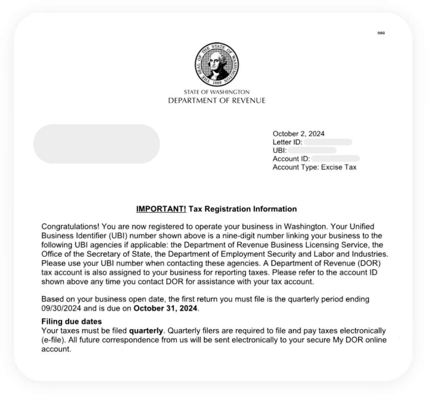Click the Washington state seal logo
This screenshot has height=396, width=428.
pyautogui.click(x=216, y=65)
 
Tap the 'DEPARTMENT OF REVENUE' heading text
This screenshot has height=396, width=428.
pyautogui.click(x=216, y=101)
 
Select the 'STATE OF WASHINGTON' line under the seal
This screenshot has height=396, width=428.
pyautogui.click(x=216, y=92)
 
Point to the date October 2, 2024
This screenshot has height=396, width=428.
pyautogui.click(x=298, y=134)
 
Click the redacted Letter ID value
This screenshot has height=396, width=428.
pyautogui.click(x=328, y=142)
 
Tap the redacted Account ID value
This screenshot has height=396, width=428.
pyautogui.click(x=335, y=159)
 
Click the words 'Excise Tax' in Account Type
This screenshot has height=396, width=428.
pyautogui.click(x=339, y=167)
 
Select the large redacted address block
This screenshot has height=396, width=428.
pyautogui.click(x=97, y=144)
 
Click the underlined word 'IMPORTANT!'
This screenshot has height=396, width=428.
pyautogui.click(x=161, y=209)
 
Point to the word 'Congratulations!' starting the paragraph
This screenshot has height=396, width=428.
pyautogui.click(x=70, y=227)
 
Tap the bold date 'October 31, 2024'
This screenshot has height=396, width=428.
pyautogui.click(x=165, y=308)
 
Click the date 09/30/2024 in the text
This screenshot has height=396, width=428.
pyautogui.click(x=61, y=308)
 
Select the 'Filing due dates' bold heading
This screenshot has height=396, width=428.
pyautogui.click(x=71, y=322)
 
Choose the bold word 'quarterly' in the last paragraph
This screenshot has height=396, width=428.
pyautogui.click(x=146, y=331)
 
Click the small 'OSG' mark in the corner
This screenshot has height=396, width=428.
pyautogui.click(x=381, y=33)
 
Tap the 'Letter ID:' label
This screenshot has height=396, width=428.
pyautogui.click(x=288, y=142)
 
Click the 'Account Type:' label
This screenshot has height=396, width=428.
pyautogui.click(x=296, y=167)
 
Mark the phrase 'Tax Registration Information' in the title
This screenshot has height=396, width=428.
pyautogui.click(x=243, y=209)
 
